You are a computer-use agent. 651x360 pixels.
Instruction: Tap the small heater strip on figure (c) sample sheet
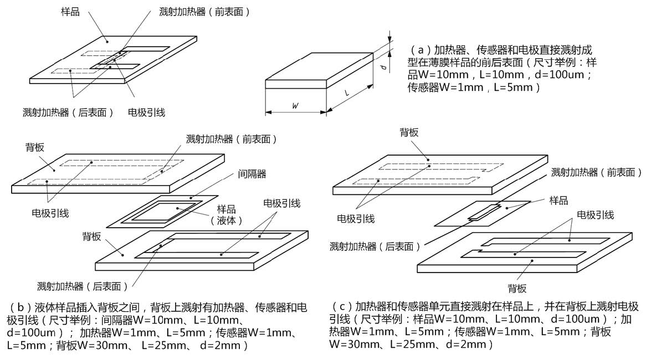point(484,212)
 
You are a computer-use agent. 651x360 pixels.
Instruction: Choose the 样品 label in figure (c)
point(558,200)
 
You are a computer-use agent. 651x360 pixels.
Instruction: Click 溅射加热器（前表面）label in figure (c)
point(596,173)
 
